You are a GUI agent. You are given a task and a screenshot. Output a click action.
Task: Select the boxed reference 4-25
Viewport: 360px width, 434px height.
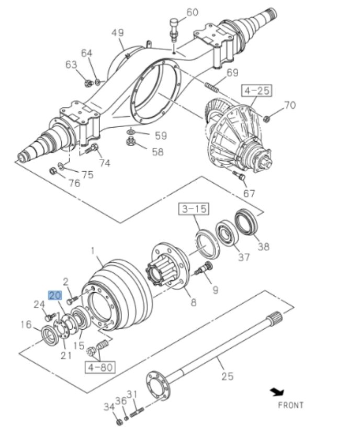pos(256,91)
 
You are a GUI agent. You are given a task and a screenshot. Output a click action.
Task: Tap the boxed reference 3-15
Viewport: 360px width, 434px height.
pos(194,209)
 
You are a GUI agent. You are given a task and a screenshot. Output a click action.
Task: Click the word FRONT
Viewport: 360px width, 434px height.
pos(290,405)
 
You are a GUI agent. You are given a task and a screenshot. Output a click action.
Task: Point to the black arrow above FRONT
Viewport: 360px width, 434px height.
pos(277,392)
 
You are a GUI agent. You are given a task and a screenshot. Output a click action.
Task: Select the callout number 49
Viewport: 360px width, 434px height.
pos(118,33)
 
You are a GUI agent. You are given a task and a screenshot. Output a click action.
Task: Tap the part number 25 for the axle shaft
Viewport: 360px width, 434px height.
pos(227,376)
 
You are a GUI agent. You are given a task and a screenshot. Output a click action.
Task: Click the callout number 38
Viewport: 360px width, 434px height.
pos(263,246)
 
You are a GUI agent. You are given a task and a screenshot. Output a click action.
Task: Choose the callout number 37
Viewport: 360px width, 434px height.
pos(244,257)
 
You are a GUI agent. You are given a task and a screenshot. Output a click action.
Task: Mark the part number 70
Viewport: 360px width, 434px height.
pos(289,105)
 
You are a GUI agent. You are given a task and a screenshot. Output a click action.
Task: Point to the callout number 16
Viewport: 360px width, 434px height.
pos(26,325)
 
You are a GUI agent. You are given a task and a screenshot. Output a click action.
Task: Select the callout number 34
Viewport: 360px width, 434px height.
pos(108,406)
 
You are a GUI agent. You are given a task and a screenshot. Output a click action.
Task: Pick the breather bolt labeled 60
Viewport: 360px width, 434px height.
pos(173,28)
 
